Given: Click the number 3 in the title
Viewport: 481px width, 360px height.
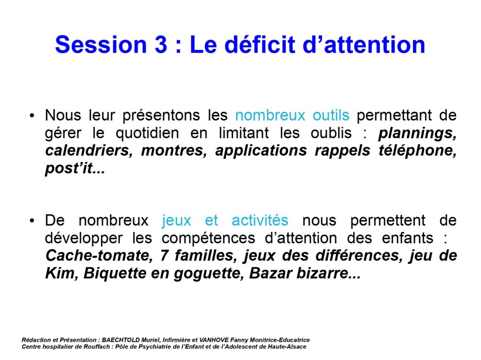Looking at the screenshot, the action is pos(161,45).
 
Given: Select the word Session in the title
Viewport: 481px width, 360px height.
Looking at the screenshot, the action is pos(101,45).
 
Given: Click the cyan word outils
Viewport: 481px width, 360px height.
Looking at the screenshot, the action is pos(331,115).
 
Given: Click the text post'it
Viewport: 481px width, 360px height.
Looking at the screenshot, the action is pos(75,169).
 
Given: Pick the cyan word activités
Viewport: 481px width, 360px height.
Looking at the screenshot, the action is pos(260,220).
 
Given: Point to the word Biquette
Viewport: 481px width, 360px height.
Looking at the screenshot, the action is pos(115,274).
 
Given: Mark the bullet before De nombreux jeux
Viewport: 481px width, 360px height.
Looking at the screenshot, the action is pos(32,221).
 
